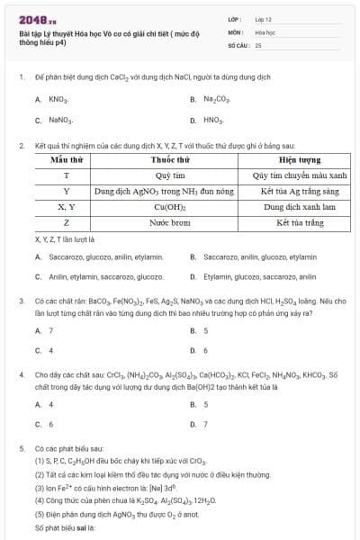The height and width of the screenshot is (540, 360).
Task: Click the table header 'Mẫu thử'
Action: tap(67, 159)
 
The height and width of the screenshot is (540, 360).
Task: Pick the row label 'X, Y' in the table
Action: tap(67, 207)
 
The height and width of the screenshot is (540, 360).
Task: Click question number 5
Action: tap(21, 447)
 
